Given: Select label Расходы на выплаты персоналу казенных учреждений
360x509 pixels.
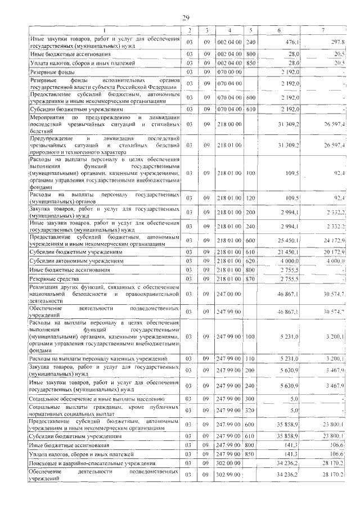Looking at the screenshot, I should click(x=98, y=358).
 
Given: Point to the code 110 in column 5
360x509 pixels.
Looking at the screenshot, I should click(x=250, y=358).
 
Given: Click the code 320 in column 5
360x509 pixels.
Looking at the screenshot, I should click(x=250, y=411).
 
